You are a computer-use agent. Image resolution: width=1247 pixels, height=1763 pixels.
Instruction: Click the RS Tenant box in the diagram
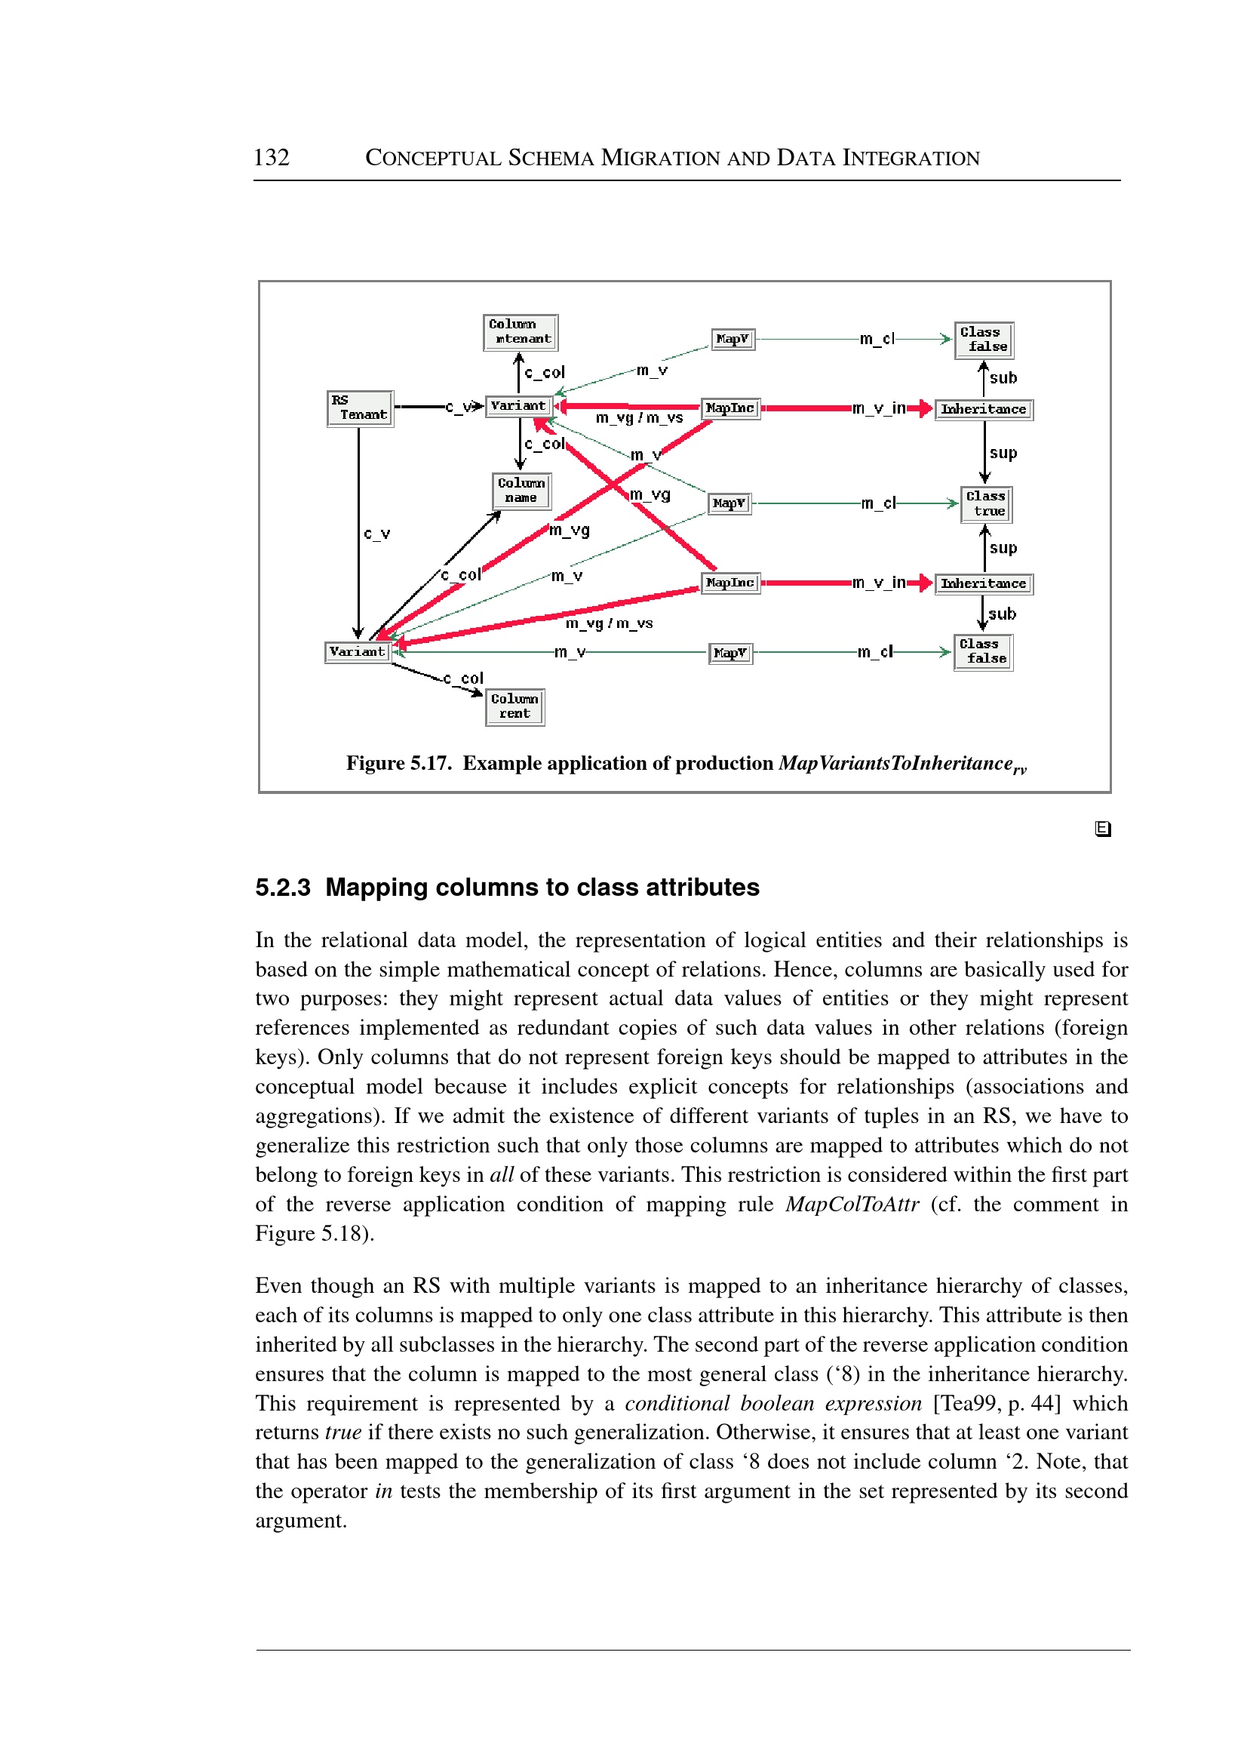tap(359, 408)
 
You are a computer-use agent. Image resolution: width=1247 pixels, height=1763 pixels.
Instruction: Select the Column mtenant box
tap(520, 332)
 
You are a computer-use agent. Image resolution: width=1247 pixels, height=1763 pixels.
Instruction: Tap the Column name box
tap(521, 490)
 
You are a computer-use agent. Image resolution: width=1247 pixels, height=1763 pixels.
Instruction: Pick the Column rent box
tap(514, 706)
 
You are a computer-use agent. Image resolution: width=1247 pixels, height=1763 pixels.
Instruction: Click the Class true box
tap(986, 504)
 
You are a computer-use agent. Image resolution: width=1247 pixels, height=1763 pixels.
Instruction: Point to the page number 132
tap(271, 158)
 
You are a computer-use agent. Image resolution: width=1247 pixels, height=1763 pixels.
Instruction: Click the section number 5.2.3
tap(283, 888)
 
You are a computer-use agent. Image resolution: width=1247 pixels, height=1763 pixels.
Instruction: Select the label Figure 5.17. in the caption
tap(398, 763)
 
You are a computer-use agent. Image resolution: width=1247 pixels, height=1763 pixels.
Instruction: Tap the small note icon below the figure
tap(1103, 828)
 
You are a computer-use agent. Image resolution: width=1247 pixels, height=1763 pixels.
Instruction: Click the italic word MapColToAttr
tap(852, 1204)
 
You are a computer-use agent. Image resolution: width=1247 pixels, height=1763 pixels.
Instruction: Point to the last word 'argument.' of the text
tap(301, 1520)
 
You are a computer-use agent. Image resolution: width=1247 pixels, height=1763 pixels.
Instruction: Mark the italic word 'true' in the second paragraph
tap(342, 1432)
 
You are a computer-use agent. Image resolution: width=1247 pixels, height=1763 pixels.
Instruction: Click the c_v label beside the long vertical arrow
tap(376, 533)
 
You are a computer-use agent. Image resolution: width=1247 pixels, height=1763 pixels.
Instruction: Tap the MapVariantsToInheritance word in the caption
tap(895, 763)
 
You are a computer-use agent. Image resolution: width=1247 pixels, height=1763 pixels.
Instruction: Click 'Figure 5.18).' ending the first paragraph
tap(315, 1233)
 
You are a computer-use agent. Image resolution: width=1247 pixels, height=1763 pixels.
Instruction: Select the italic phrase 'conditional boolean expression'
tap(772, 1403)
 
